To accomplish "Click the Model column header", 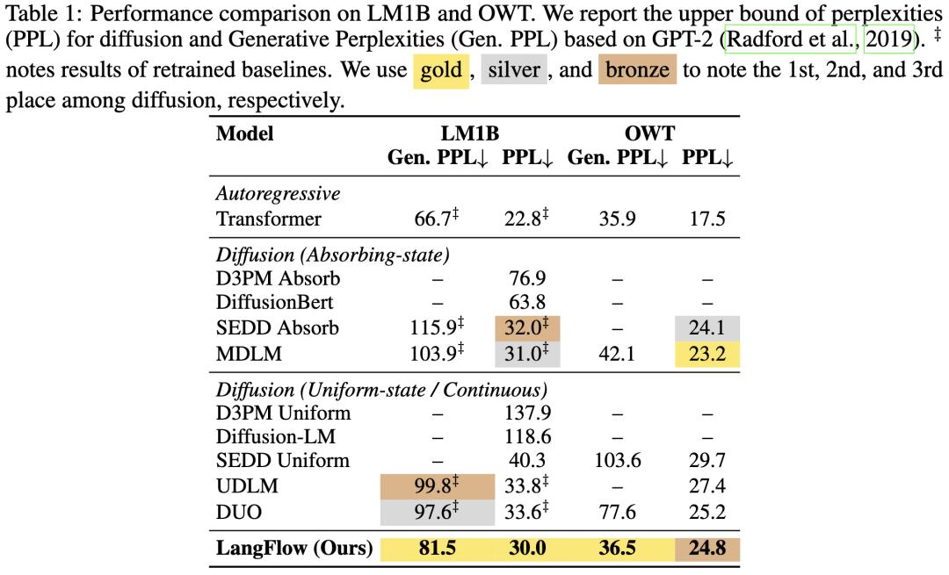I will point(245,134).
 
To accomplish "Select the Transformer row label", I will point(269,219).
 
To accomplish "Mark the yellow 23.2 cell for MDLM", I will point(707,354).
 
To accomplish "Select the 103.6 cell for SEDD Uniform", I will point(617,460).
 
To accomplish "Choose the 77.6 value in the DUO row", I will point(617,510).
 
